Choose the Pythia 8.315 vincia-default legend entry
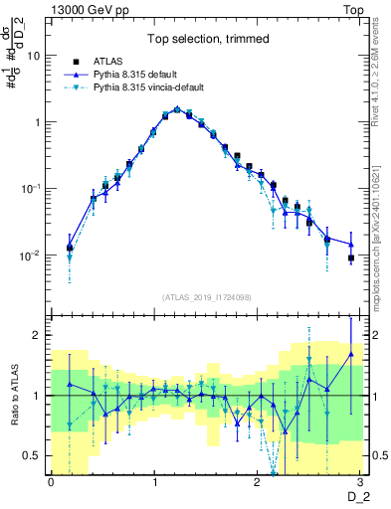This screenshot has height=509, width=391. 146,87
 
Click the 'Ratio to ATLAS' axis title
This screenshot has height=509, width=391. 14,396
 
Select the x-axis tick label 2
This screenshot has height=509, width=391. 258,480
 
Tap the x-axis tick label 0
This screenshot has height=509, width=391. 51,480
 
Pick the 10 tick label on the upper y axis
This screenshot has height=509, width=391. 34,56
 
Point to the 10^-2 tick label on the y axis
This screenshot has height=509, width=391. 30,255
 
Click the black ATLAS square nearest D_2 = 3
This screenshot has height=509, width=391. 351,258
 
